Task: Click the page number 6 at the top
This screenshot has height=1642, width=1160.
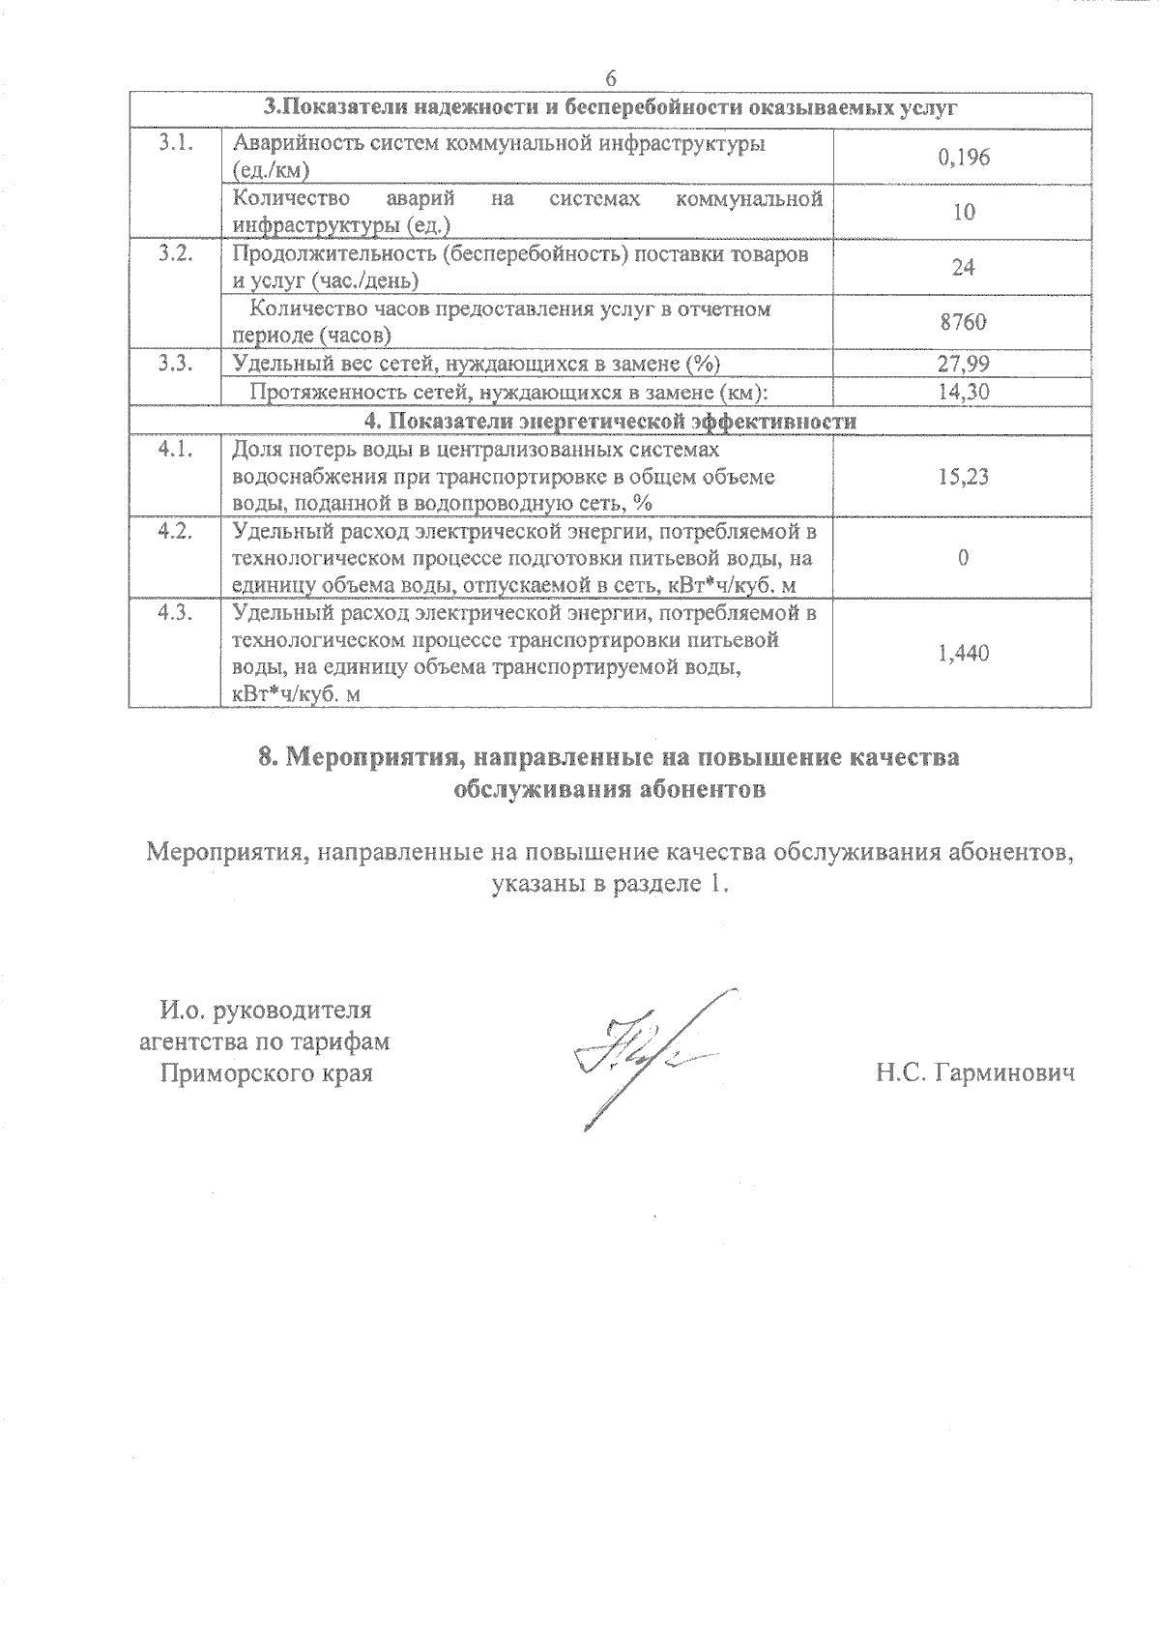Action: click(610, 78)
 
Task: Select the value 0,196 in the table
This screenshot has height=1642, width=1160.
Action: click(963, 157)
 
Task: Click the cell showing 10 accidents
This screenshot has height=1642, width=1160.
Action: click(963, 212)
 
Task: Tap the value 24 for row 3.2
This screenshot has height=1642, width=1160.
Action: click(963, 267)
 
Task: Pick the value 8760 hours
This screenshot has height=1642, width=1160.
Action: click(963, 322)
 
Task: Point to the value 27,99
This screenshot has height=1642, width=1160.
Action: click(963, 364)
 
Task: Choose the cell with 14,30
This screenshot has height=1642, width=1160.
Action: click(963, 392)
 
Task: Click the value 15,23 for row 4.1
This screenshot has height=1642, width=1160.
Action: click(963, 476)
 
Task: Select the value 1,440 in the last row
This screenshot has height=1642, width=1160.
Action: click(963, 654)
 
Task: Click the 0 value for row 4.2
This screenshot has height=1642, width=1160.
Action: click(963, 558)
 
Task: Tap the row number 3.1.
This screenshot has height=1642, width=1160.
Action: click(175, 143)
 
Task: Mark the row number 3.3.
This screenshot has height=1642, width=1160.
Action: click(175, 364)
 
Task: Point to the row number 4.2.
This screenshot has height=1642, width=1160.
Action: click(175, 532)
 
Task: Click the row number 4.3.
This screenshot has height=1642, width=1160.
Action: click(175, 614)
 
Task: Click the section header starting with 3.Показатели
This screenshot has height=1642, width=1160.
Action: click(610, 107)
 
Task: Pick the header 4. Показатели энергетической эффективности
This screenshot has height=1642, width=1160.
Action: click(610, 422)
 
